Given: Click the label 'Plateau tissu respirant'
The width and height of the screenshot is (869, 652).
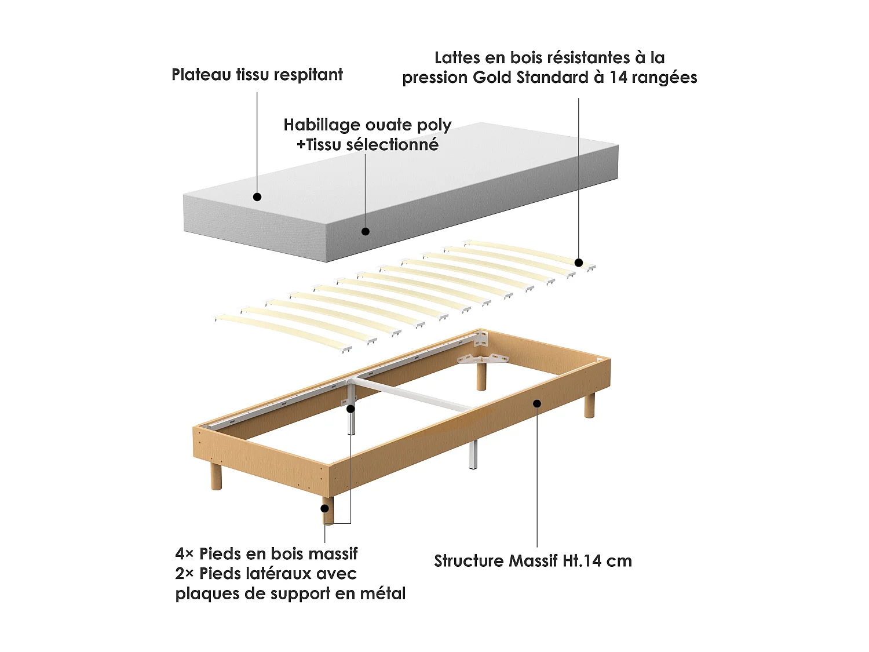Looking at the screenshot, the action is [257, 75].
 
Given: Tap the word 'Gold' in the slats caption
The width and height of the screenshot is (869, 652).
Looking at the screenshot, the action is [492, 78].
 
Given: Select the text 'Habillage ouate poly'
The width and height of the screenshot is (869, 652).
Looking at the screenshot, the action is [367, 126].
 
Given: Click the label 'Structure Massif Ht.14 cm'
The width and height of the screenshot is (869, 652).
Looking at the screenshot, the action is [533, 561].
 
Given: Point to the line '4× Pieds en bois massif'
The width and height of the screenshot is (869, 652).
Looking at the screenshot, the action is [266, 554].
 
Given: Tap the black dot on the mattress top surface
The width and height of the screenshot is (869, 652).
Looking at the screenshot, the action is [257, 196].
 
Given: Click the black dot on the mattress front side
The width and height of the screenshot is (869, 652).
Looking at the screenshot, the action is [366, 232].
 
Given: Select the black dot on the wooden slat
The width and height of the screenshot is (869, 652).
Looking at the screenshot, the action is [578, 263].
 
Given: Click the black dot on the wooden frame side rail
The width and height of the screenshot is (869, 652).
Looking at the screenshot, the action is [537, 403].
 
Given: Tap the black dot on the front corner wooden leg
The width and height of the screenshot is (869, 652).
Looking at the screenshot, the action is [324, 508].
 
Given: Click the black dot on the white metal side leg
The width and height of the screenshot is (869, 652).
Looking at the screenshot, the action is [350, 409].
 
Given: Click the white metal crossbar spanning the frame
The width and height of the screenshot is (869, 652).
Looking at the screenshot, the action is [412, 394].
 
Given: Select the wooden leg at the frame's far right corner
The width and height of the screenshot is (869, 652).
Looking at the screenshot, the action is [589, 405].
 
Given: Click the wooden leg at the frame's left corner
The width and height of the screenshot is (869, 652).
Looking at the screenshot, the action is [216, 476].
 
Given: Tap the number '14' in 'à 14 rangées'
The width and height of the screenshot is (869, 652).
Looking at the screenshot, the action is [618, 78].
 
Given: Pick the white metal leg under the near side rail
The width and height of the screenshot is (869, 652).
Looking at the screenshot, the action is [473, 454].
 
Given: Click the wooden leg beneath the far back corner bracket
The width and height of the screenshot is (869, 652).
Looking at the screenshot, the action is [481, 377].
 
